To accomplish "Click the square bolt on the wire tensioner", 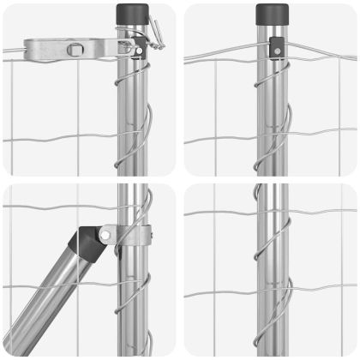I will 76,49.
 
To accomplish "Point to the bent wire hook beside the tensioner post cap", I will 154,31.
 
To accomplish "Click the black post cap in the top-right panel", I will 273,15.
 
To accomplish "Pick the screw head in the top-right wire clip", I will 276,51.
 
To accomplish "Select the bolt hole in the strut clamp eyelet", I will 105,234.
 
